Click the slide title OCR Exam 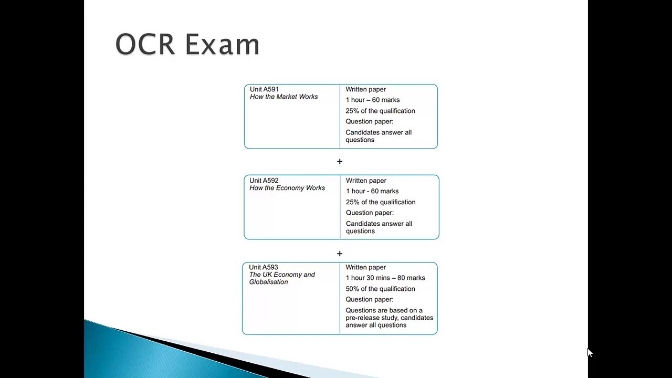coord(187,44)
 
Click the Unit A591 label coord(264,89)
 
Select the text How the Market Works coord(283,97)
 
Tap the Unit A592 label coord(264,181)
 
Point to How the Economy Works coord(287,188)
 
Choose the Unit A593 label coord(264,267)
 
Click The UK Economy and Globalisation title coord(282,278)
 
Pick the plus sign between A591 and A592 coord(340,162)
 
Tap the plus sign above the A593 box coord(340,254)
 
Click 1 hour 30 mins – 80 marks coord(385,278)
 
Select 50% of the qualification coord(380,289)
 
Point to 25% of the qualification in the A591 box coord(380,111)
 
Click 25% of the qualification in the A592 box coord(381,202)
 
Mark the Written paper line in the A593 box coord(365,267)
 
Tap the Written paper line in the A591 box coord(365,89)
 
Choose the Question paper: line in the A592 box coord(370,213)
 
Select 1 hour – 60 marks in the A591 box coord(372,100)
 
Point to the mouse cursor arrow coord(590,353)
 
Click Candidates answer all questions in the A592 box coord(379,227)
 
